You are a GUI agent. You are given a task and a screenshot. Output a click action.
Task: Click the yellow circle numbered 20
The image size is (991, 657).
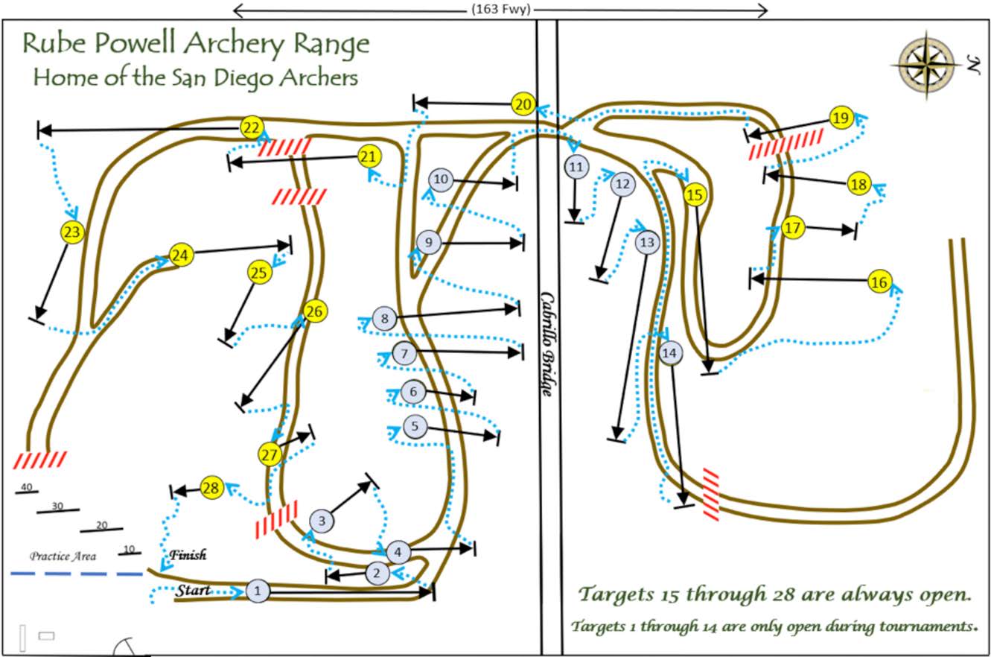click(x=523, y=104)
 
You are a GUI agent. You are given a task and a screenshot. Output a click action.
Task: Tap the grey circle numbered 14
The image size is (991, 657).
click(x=670, y=353)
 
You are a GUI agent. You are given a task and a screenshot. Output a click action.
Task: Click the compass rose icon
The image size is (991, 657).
click(x=926, y=65)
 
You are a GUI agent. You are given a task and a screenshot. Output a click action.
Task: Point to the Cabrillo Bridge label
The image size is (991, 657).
click(x=547, y=343)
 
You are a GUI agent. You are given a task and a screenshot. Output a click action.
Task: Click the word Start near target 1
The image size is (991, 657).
click(x=193, y=591)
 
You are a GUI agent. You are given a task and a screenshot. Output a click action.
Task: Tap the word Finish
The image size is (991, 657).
click(x=188, y=555)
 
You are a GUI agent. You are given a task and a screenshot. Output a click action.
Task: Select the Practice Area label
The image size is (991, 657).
click(x=63, y=556)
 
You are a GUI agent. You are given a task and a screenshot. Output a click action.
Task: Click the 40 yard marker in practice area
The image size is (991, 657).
click(x=27, y=489)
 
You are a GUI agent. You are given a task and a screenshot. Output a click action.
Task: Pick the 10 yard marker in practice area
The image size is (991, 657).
click(x=129, y=550)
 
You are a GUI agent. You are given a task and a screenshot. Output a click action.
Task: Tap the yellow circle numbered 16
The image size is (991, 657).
click(x=879, y=282)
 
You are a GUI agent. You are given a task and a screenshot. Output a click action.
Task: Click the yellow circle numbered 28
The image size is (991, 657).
click(x=211, y=489)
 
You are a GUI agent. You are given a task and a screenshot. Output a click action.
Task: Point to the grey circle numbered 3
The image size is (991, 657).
click(x=322, y=520)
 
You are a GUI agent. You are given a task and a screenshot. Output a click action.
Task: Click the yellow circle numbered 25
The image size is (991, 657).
click(x=258, y=273)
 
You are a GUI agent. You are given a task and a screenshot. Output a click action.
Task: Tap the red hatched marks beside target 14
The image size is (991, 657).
click(x=710, y=494)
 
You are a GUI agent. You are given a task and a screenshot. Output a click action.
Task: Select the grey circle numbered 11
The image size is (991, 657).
click(x=575, y=167)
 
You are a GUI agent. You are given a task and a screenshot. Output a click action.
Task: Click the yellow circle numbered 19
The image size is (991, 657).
click(x=841, y=118)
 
